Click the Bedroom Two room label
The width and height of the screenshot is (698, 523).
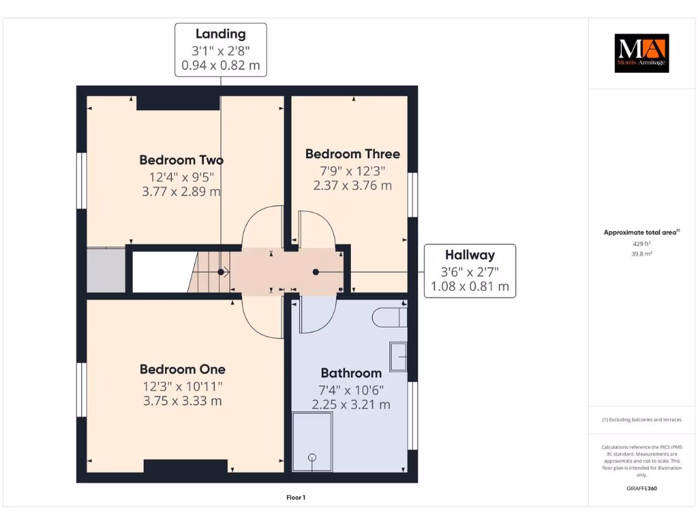tap(181, 160)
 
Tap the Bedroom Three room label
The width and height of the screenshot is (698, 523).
tap(352, 154)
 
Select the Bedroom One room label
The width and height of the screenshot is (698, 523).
tap(182, 369)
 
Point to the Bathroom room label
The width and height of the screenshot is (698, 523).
tap(351, 373)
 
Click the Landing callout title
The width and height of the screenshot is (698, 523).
tap(220, 34)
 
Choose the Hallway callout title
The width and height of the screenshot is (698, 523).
tap(470, 255)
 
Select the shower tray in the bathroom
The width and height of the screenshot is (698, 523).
tap(312, 441)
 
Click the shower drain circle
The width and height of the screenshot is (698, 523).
tap(313, 458)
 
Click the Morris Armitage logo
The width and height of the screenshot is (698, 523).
tap(641, 53)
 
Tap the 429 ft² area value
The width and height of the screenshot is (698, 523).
tap(641, 243)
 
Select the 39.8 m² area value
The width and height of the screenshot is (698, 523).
tap(641, 253)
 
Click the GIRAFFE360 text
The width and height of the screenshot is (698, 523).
tap(641, 488)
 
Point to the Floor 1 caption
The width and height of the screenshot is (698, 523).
tap(295, 498)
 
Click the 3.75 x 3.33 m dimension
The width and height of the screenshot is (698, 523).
tap(182, 401)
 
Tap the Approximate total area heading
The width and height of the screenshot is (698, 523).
tap(641, 232)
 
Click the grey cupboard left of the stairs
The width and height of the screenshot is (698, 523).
tap(106, 270)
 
